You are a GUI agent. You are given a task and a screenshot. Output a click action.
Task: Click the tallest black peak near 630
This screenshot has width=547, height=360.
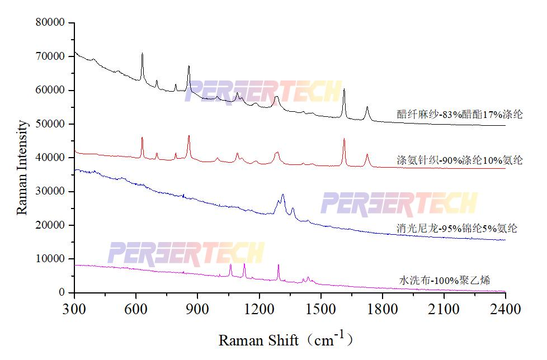142,54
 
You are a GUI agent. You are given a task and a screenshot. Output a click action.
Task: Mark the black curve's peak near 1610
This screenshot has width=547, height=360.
344,89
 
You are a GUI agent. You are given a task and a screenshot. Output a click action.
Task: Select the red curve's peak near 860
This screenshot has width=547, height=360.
189,136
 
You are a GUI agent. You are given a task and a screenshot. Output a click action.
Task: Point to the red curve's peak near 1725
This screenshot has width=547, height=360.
367,155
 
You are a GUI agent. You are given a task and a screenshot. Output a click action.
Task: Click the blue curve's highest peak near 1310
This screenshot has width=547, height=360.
283,195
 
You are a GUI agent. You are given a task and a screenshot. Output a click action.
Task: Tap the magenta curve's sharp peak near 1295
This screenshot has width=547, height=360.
279,265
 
